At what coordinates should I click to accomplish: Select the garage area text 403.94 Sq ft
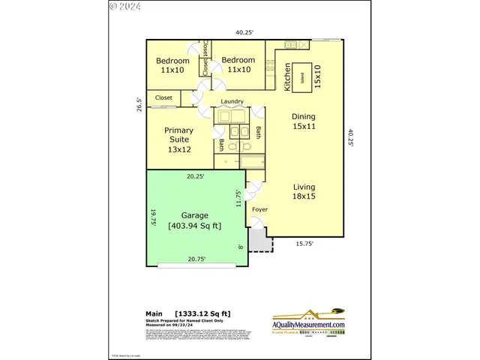point(194,226)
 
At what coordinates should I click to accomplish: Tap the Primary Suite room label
point(178,139)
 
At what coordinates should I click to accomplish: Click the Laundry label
point(232,101)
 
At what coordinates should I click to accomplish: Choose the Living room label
point(304,192)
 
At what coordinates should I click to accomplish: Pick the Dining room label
point(304,121)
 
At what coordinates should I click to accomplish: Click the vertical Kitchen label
point(287,78)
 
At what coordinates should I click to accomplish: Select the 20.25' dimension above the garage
point(195,176)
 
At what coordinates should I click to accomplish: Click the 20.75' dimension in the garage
point(196,259)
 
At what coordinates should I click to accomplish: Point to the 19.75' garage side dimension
point(151,217)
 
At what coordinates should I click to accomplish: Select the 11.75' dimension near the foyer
point(239,199)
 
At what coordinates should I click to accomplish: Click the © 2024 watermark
point(124,6)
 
